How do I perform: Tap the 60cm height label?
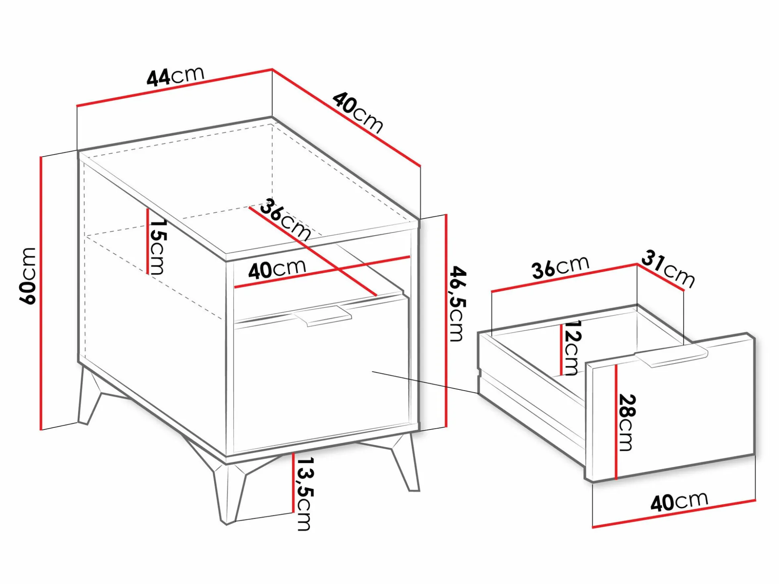point(28,276)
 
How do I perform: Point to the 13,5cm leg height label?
point(304,494)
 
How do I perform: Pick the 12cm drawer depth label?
point(571,348)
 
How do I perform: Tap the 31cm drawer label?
point(668,269)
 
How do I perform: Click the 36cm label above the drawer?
point(561,267)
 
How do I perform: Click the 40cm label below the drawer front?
point(679,501)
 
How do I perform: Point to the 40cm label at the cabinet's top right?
point(357,113)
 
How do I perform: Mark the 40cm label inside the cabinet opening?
point(277,269)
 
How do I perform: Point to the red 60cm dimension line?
point(41,293)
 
